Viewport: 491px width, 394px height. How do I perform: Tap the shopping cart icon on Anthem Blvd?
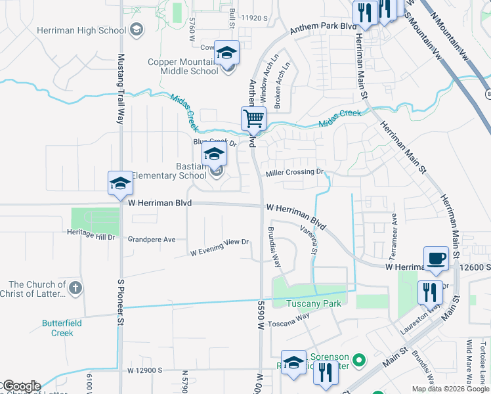tap(253, 119)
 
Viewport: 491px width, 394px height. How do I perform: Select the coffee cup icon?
tap(436, 258)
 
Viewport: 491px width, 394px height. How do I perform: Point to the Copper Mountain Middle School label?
tap(182, 66)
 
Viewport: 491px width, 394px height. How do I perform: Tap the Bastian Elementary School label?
tap(169, 171)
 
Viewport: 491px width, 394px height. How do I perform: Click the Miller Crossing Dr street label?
tap(295, 173)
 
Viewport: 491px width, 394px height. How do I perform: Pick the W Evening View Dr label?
tap(220, 247)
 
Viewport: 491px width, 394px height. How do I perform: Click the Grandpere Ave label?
tap(152, 240)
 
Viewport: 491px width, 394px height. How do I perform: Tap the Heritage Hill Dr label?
tap(91, 233)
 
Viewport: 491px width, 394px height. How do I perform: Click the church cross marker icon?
tap(76, 288)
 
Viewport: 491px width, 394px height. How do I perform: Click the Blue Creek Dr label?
tap(214, 142)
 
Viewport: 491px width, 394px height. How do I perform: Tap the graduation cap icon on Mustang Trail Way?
tap(120, 184)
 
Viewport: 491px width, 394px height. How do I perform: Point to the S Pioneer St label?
tap(121, 299)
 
